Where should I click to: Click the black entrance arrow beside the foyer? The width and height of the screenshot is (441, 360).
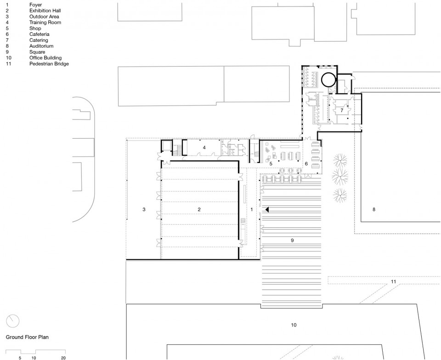(267, 209)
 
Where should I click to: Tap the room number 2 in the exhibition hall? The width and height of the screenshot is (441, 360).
(199, 209)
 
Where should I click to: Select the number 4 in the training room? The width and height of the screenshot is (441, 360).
(204, 147)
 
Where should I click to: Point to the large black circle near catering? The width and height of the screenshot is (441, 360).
(328, 79)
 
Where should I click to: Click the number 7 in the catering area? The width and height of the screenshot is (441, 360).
(342, 111)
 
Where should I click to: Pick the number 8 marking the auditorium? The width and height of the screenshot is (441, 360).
(374, 209)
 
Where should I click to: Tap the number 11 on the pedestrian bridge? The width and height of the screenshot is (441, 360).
(394, 281)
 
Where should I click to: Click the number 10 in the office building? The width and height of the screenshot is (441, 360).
(294, 325)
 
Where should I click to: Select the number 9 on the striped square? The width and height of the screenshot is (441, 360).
(292, 240)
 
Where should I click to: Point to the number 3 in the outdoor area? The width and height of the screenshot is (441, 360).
(144, 209)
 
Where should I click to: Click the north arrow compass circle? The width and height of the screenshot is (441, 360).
(13, 321)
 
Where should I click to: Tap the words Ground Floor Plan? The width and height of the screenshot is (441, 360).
(27, 337)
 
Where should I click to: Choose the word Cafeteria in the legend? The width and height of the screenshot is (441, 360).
(40, 34)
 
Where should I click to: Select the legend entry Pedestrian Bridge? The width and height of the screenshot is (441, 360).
(49, 64)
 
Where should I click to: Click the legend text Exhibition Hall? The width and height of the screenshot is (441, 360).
(45, 11)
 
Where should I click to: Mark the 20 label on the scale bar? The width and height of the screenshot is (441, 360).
(63, 358)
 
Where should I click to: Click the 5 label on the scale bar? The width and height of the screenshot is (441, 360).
(20, 358)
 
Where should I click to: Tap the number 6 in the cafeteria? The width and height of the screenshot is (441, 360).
(306, 163)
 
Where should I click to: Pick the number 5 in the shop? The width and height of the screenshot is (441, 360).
(271, 163)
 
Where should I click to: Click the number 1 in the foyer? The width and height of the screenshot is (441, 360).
(252, 209)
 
